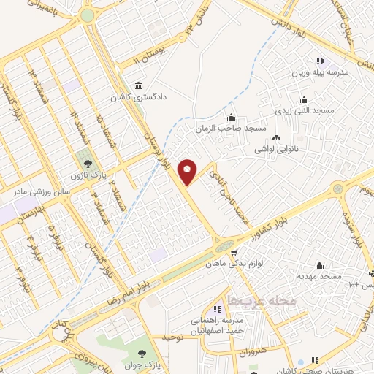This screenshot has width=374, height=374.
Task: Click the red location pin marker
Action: click(x=188, y=171)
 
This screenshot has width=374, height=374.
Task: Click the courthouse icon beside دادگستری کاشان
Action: click(x=139, y=83)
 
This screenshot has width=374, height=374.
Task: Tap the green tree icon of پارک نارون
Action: click(x=88, y=164)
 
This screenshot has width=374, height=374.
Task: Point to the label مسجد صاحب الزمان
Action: click(x=229, y=128)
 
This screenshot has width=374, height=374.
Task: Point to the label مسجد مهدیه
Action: click(x=318, y=277)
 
